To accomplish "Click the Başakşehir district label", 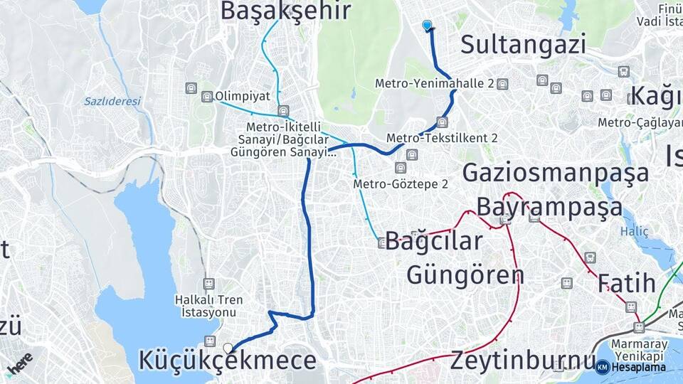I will (x=285, y=11).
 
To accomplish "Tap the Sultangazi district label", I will (x=523, y=44).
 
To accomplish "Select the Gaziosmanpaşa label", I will (x=556, y=172).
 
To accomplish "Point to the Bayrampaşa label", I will (x=549, y=207).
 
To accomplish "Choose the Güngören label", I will (x=465, y=274).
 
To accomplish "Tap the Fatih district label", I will (x=626, y=283).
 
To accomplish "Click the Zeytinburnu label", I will (x=522, y=360).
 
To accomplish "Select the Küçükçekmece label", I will (x=227, y=360).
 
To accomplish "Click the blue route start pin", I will (x=427, y=26).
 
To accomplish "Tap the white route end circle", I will (x=228, y=348).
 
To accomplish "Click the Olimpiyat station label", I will (x=241, y=96).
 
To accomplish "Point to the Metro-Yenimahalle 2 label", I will (x=435, y=84).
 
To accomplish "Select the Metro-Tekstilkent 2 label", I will (x=442, y=137).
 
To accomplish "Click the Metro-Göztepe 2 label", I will (x=401, y=184).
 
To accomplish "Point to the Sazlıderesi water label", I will (x=112, y=101).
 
